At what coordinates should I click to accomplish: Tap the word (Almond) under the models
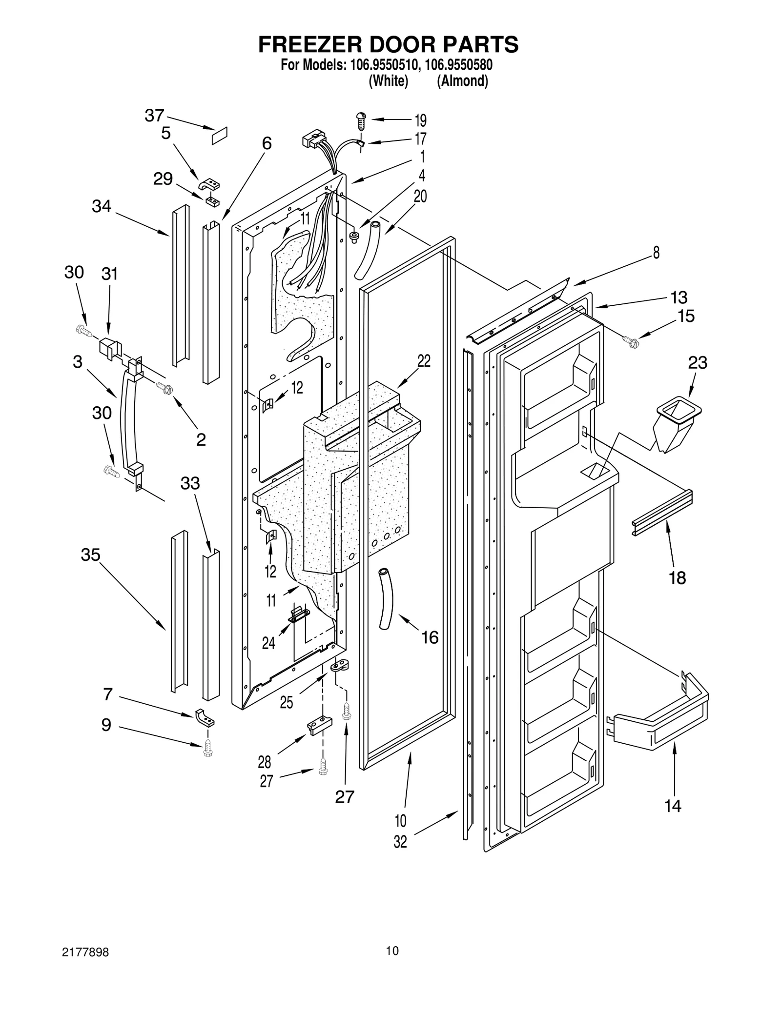coord(462,81)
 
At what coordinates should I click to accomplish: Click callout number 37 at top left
coord(154,116)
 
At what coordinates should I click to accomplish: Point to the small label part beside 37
coord(221,135)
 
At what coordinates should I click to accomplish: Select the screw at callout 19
coord(362,120)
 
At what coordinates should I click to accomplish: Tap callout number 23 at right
coord(698,363)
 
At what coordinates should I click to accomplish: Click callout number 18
coord(677,577)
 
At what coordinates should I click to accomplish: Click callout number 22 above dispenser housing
coord(424,361)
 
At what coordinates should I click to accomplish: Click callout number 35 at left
coord(90,555)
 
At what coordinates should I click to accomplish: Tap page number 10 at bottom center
coord(392,951)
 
